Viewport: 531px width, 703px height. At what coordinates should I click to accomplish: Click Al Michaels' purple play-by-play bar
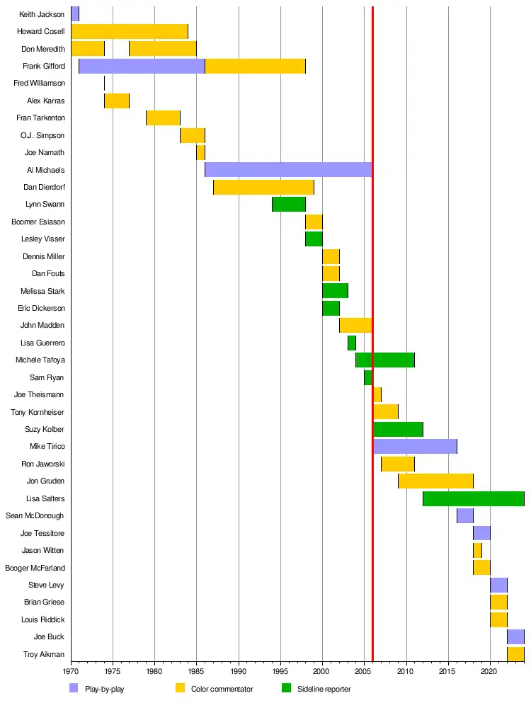288,170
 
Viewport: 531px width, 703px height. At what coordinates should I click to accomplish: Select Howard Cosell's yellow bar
130,31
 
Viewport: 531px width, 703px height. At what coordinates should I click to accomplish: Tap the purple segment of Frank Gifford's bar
142,66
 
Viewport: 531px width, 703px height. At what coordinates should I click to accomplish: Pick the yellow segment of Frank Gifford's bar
255,66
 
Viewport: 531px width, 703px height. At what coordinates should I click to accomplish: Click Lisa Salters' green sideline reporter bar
473,498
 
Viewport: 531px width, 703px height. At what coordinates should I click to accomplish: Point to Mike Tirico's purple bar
415,447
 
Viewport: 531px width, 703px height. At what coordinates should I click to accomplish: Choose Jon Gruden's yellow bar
435,481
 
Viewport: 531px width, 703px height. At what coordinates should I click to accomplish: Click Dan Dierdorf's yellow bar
263,188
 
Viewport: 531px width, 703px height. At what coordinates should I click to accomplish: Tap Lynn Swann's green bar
288,205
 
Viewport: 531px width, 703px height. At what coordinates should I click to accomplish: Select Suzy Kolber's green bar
398,429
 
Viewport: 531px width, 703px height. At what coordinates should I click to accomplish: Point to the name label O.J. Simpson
43,135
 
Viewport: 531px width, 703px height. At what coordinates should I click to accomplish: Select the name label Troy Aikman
44,655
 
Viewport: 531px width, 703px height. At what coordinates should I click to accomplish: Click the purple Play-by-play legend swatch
74,688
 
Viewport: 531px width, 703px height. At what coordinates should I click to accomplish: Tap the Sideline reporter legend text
324,689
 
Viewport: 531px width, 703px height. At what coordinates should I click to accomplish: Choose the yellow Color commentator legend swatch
180,688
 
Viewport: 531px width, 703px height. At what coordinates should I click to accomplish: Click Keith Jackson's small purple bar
75,14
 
